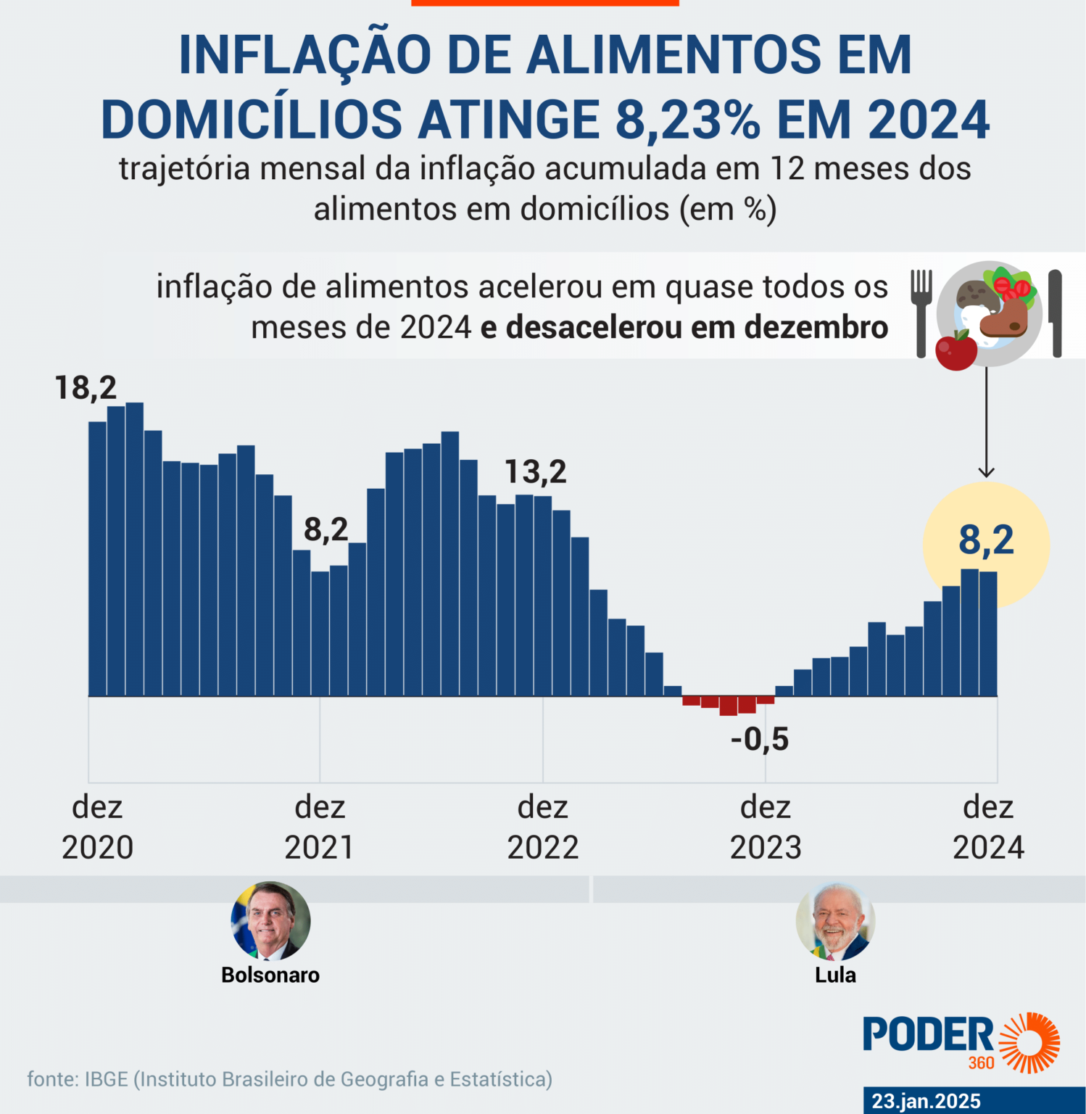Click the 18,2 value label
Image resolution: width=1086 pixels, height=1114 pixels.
point(86,388)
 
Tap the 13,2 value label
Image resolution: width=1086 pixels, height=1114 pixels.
point(535,472)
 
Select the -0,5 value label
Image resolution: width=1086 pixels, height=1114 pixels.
point(759,740)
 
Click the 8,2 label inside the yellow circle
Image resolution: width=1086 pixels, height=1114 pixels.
point(986,540)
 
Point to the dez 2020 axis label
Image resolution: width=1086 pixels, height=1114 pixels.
point(97,828)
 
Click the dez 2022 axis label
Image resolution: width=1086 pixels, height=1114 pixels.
point(542,828)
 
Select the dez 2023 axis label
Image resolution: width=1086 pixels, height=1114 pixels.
point(766,828)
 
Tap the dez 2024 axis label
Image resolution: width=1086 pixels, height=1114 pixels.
point(988,828)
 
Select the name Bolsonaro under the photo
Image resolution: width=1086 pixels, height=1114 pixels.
point(270,975)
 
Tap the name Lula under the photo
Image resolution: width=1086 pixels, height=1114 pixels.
point(835,975)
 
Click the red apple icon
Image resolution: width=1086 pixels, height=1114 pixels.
point(956,351)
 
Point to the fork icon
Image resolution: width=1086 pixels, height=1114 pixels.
point(921,312)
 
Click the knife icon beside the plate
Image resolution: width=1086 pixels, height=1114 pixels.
point(1056,313)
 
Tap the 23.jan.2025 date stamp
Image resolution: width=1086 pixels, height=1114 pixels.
point(926,1101)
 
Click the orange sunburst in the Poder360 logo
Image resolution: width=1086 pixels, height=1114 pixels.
point(1029,1042)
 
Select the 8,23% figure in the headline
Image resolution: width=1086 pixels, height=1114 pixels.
point(687,120)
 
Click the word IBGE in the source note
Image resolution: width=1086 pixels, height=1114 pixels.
point(106,1079)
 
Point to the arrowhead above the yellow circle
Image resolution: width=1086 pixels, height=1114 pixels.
point(986,472)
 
